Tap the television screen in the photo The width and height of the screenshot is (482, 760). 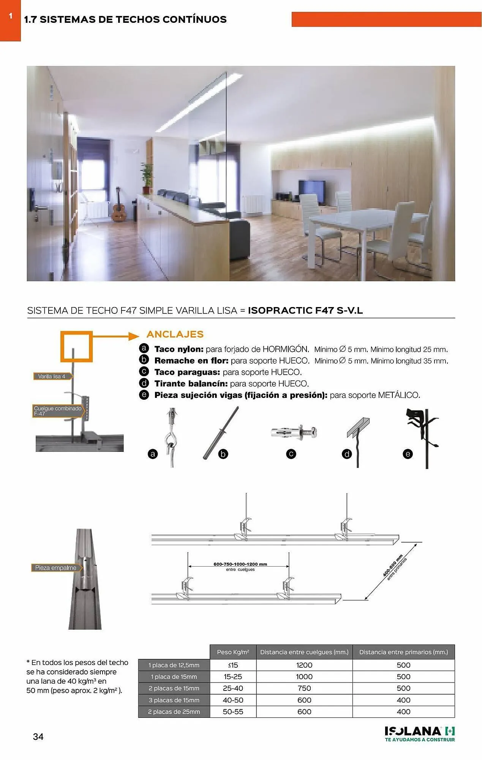point(312,192)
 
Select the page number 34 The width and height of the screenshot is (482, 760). point(38,737)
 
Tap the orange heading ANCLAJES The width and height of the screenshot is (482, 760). point(175,334)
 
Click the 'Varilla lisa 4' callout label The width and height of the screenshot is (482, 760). point(52,376)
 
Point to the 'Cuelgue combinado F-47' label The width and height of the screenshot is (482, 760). point(58,411)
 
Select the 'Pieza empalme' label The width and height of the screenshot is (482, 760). point(56,568)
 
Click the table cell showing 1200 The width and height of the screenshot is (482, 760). point(304,665)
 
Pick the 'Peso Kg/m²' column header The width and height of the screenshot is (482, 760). point(233,652)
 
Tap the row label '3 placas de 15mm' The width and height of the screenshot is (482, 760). point(174,700)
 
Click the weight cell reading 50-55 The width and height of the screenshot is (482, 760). point(233,712)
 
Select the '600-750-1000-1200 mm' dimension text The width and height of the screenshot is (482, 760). point(240,564)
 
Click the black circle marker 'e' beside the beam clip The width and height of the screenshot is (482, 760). point(408,454)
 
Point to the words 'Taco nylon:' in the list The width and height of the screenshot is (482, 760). point(179,349)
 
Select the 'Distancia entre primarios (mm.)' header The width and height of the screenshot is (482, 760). point(403,652)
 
